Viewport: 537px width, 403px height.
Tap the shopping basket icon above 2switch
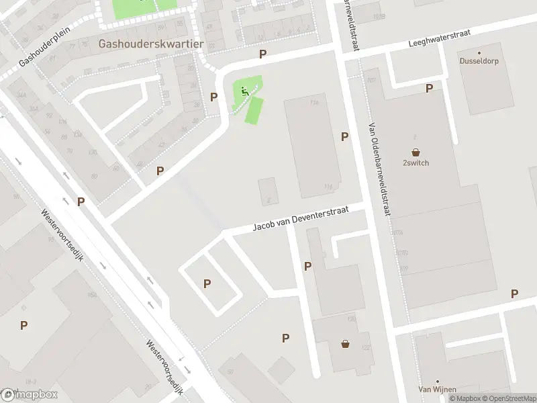click(x=416, y=152)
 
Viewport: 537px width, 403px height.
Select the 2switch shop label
click(x=416, y=163)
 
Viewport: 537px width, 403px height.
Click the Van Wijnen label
click(x=437, y=389)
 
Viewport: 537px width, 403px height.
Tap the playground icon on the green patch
click(x=244, y=91)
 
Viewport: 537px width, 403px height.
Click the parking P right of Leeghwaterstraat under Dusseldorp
click(x=429, y=88)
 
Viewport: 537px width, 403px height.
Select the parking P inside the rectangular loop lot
click(x=207, y=283)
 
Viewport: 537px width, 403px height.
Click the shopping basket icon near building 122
click(x=346, y=343)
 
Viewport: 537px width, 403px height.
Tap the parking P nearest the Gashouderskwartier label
click(x=262, y=54)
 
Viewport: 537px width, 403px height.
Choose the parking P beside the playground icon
click(x=213, y=97)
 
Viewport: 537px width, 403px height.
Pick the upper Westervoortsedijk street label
click(x=62, y=236)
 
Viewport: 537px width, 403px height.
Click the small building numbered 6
click(x=267, y=191)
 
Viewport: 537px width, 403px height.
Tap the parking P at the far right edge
click(x=514, y=294)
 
